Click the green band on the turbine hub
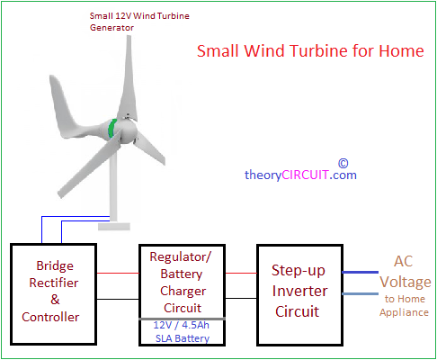click(x=112, y=129)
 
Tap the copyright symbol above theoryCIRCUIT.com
click(x=343, y=164)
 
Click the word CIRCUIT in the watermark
click(x=305, y=175)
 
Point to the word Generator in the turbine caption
click(x=111, y=28)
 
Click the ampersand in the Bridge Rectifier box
click(x=55, y=300)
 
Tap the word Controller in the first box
click(x=50, y=317)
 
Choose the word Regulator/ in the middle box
click(x=181, y=256)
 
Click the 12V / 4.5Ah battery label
click(x=181, y=325)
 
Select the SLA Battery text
click(x=183, y=338)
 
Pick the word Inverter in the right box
click(x=299, y=291)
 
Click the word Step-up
click(x=299, y=271)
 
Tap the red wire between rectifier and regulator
click(x=118, y=273)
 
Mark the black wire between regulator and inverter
click(x=241, y=298)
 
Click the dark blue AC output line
click(x=361, y=272)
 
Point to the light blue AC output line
click(x=361, y=293)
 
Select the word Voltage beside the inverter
click(x=406, y=282)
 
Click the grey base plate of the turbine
click(x=114, y=227)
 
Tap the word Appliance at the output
click(x=404, y=312)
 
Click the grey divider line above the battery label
click(x=183, y=319)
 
